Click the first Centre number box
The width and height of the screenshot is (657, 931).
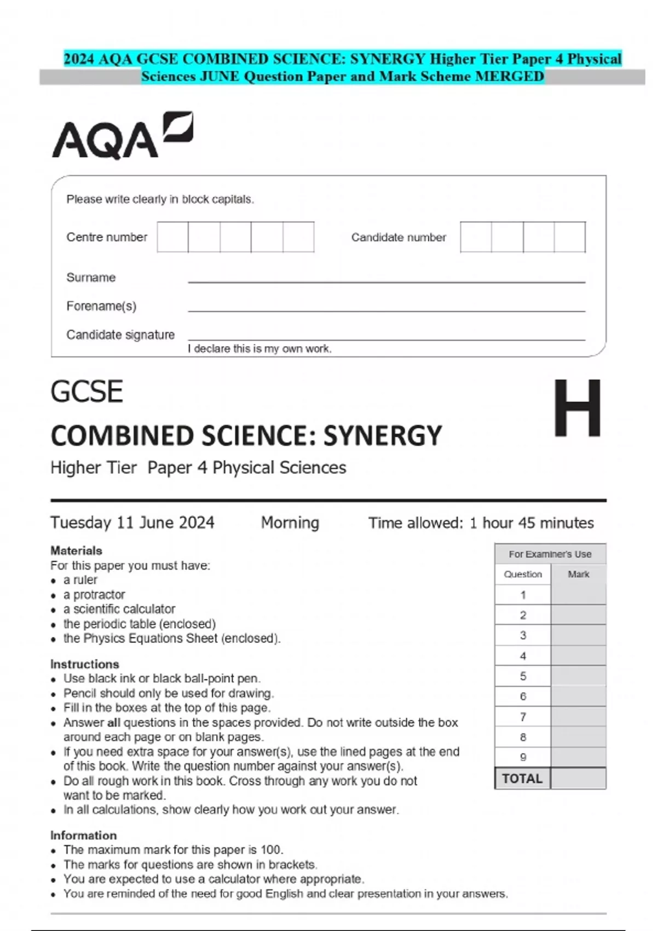point(172,237)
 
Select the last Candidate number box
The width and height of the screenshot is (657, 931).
point(569,237)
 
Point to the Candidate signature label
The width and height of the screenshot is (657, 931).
point(120,335)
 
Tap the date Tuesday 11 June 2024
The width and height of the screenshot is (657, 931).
point(132,522)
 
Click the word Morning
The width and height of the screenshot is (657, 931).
point(290,522)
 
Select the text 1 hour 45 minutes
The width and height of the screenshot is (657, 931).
point(531,523)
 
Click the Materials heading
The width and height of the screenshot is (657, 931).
point(76,550)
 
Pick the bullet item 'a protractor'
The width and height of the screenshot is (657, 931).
point(94,595)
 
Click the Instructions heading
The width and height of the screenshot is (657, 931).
point(84,664)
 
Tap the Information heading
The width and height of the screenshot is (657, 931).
point(83,835)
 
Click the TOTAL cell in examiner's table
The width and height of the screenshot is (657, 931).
point(522,778)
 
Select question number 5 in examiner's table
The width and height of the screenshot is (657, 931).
point(523,676)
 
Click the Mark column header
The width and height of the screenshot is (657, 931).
point(578,574)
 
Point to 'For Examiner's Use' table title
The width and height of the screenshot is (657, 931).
point(550,554)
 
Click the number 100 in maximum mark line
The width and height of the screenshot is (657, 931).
point(270,850)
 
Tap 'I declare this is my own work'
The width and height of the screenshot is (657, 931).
point(260,349)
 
